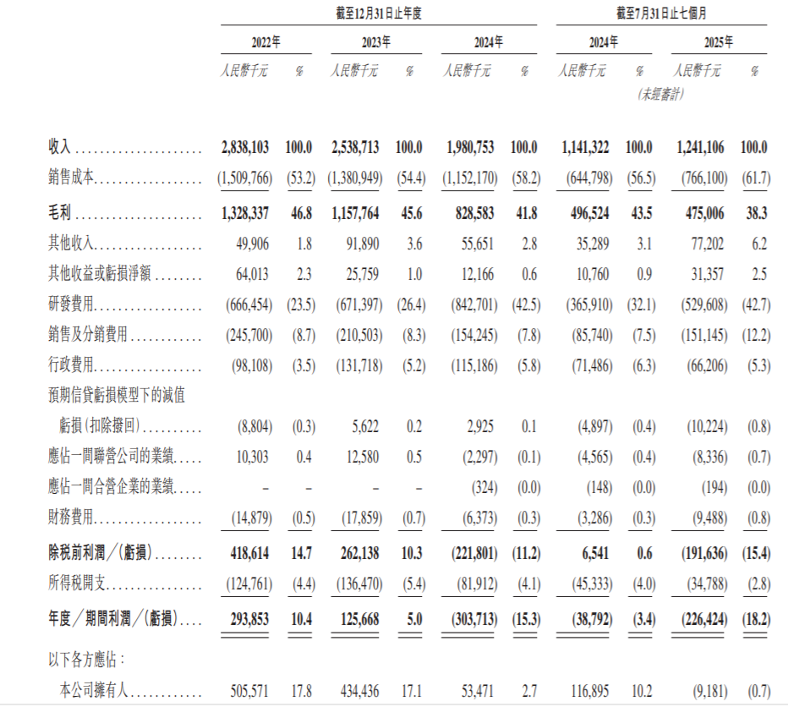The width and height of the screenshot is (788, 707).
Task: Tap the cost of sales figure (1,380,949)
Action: pyautogui.click(x=354, y=178)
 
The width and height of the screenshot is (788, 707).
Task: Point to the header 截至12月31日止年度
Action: pyautogui.click(x=378, y=13)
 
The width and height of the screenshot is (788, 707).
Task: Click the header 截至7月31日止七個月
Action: pyautogui.click(x=662, y=13)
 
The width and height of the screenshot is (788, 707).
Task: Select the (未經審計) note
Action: pyautogui.click(x=660, y=95)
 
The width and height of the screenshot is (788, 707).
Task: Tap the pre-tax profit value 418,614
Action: pyautogui.click(x=244, y=554)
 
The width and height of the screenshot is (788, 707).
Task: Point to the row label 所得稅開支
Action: pyautogui.click(x=76, y=584)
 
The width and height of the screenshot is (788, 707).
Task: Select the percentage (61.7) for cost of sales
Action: pyautogui.click(x=754, y=178)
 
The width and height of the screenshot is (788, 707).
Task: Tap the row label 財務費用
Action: pyautogui.click(x=69, y=517)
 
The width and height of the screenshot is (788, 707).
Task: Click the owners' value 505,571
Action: pyautogui.click(x=246, y=693)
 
